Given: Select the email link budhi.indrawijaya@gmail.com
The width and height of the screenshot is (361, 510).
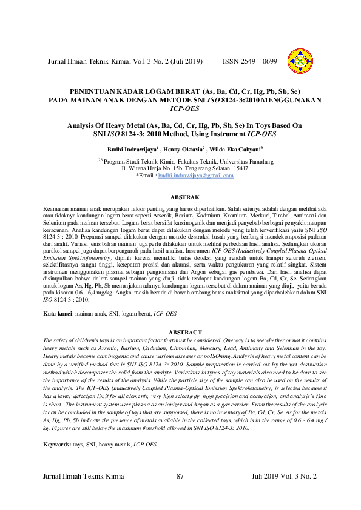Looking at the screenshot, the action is coord(195,176).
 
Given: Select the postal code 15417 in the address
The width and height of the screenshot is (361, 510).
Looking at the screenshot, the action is coord(239,168).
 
